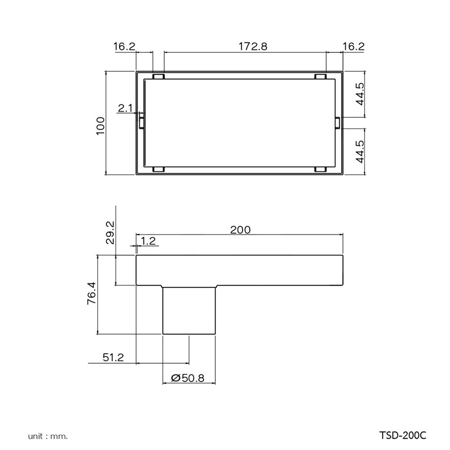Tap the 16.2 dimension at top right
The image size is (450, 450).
[353, 46]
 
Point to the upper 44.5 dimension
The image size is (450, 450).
[360, 94]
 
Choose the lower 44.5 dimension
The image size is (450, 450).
[360, 151]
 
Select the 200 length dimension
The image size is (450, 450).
[240, 229]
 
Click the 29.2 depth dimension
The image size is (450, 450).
[109, 232]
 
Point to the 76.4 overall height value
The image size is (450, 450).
[92, 294]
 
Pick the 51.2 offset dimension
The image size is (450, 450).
[113, 357]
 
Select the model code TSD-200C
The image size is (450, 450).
[402, 436]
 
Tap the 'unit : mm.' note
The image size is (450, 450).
[48, 436]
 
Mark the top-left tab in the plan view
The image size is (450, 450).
[158, 76]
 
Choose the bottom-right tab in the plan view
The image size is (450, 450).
[320, 170]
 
